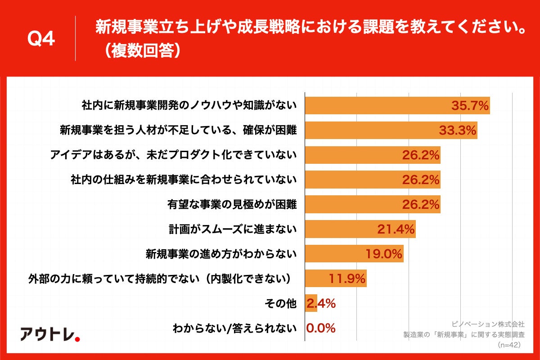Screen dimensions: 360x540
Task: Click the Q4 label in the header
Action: tap(41, 39)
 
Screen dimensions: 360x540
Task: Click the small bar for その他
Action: tap(311, 303)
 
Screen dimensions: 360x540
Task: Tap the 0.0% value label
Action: tap(321, 328)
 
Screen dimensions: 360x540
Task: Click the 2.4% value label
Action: tap(321, 303)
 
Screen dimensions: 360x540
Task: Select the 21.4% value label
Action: tap(396, 229)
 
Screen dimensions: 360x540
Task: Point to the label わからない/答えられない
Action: tap(234, 328)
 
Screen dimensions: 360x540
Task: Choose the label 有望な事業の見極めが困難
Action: tap(232, 205)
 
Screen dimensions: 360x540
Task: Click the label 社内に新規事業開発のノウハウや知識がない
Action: tap(189, 106)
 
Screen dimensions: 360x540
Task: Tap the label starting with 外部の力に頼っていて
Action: tap(158, 279)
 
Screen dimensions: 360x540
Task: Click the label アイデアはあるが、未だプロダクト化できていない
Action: tap(174, 155)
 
